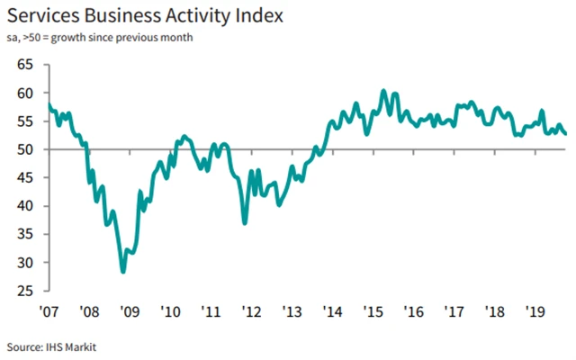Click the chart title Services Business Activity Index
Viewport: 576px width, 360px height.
tap(148, 16)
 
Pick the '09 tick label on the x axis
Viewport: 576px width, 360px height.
tap(128, 311)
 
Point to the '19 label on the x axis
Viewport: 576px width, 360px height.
tap(535, 311)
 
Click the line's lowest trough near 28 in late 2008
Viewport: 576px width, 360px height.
tap(122, 271)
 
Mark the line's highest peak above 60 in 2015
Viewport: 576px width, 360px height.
tap(383, 91)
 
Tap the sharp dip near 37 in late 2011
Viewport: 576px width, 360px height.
tap(245, 222)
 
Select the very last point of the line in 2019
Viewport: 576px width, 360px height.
tap(564, 134)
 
